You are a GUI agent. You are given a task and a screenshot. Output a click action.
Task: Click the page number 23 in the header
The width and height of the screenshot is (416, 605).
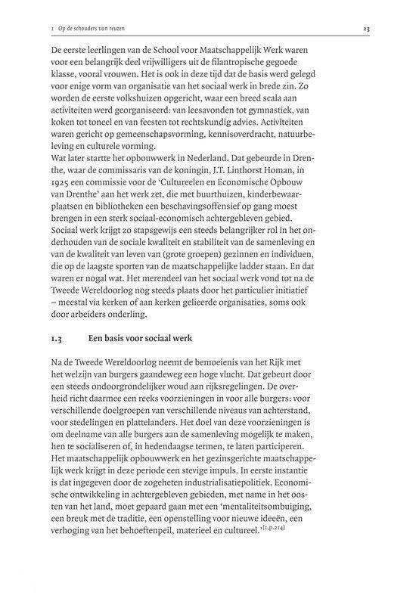[x=365, y=29]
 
